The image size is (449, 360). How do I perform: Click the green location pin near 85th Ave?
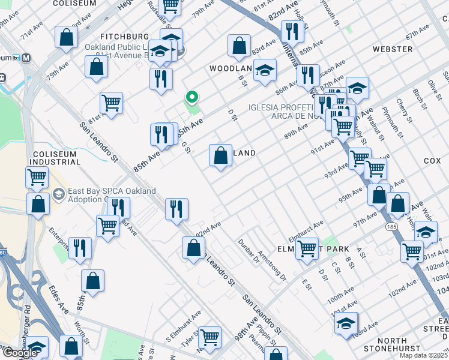(x=192, y=97)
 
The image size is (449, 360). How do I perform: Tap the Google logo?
(x=20, y=353)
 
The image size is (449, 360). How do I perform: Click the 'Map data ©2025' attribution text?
(x=423, y=355)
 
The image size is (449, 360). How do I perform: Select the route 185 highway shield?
(x=391, y=227)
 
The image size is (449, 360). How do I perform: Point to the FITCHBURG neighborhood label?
(x=124, y=37)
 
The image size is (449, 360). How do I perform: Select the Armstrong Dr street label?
(x=271, y=266)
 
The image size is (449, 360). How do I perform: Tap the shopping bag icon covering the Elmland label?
(x=220, y=155)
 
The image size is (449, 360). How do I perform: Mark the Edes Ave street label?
(x=64, y=307)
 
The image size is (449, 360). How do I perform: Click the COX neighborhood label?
(x=432, y=161)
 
